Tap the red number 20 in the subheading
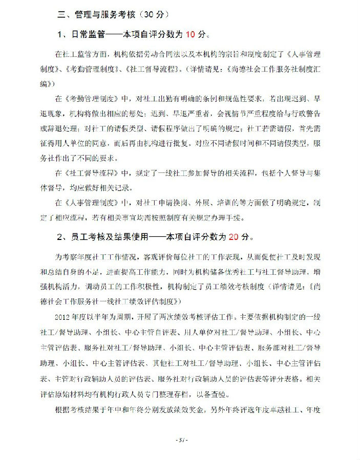click(234, 237)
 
